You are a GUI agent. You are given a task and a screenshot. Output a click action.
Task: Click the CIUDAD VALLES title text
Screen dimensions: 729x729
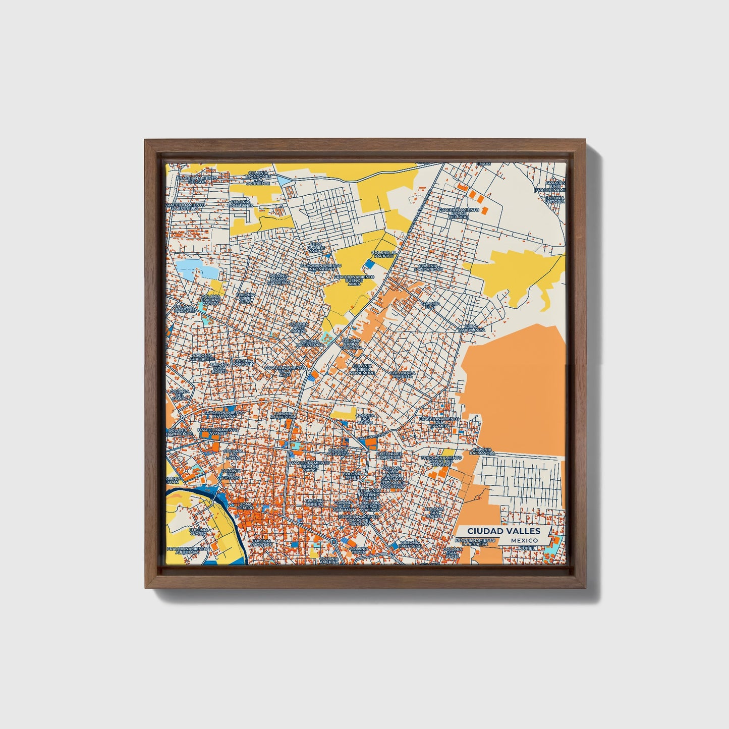click(x=503, y=531)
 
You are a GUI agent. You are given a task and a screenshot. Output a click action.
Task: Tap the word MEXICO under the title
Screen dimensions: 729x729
click(x=523, y=540)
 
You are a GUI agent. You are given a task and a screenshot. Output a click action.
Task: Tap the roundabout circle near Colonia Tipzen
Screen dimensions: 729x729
click(x=333, y=542)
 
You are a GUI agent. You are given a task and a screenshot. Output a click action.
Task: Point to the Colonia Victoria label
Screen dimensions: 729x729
click(x=554, y=200)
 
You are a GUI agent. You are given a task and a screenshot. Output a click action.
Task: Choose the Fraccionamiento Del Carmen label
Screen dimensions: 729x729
click(x=439, y=422)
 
